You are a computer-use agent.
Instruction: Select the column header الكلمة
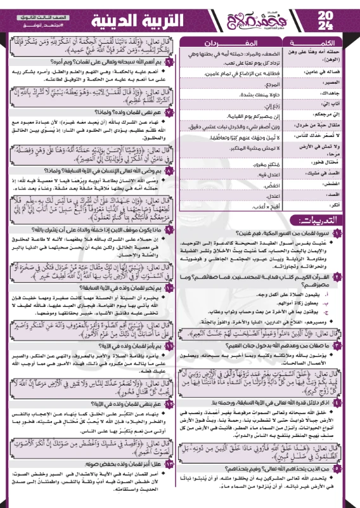(320, 42)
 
